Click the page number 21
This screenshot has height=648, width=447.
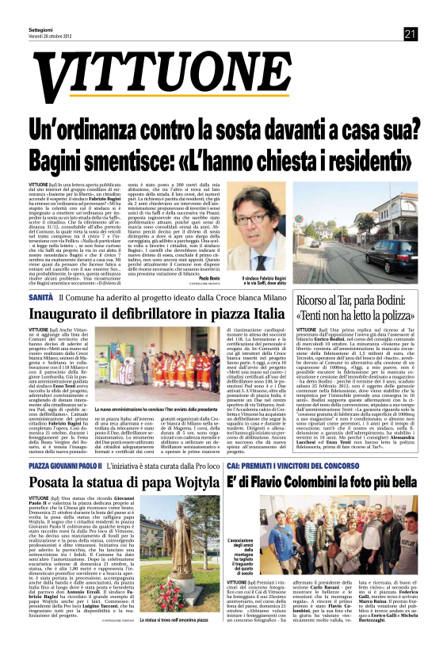(x=410, y=33)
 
